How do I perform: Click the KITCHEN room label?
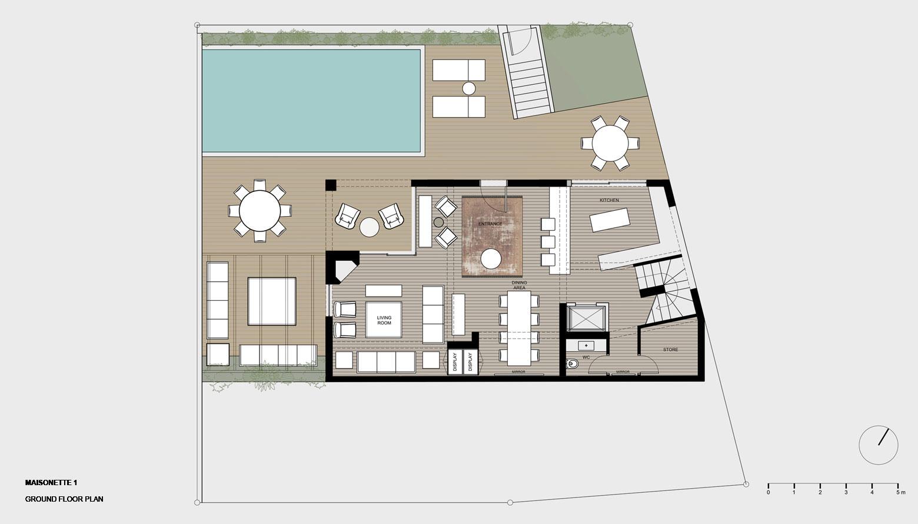click(609, 200)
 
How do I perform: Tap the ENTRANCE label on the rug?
click(490, 224)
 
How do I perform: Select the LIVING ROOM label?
click(384, 320)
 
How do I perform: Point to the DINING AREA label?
click(519, 286)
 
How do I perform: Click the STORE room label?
click(670, 350)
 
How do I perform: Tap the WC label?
click(586, 357)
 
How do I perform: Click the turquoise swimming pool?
click(311, 101)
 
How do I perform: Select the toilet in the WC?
click(572, 363)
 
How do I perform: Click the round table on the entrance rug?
click(491, 259)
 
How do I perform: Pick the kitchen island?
click(610, 220)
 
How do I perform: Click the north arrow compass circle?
click(879, 445)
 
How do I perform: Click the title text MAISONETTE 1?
click(51, 483)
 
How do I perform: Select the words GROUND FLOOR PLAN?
click(64, 499)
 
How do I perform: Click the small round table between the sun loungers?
click(469, 88)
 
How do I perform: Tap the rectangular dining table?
click(519, 328)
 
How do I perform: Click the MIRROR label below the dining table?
click(518, 372)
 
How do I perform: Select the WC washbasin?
click(587, 346)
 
